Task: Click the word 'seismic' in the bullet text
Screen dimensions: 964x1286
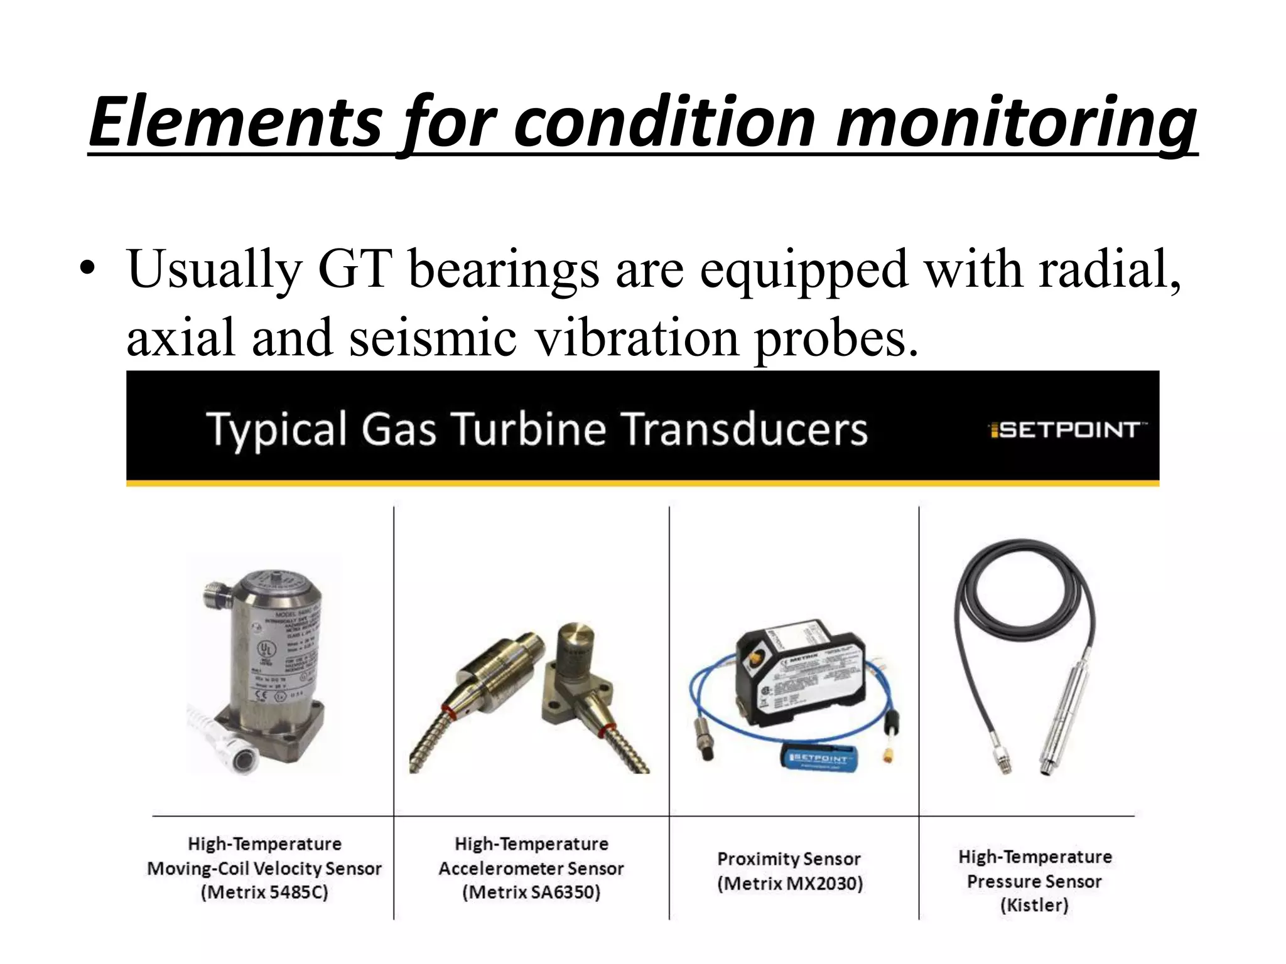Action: tap(433, 337)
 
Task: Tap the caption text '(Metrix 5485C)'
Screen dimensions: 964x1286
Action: tap(264, 892)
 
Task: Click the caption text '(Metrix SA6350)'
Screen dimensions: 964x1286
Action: tap(531, 892)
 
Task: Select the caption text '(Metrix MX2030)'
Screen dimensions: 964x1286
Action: tap(790, 884)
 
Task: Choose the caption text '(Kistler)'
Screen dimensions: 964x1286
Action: tap(1034, 905)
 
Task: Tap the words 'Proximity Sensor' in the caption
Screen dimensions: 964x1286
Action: tap(789, 859)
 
